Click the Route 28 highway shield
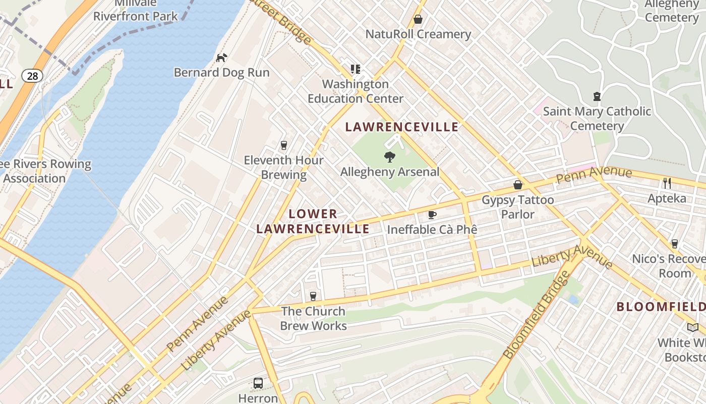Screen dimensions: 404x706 coord(32,76)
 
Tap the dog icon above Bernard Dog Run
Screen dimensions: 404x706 coord(221,58)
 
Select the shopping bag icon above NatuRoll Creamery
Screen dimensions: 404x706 coord(418,19)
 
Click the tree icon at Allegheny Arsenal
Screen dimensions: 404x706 coord(389,157)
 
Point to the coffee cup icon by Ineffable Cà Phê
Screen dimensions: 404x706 coord(432,215)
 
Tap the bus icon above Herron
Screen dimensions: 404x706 coord(258,383)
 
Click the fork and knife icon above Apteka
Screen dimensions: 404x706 coord(667,183)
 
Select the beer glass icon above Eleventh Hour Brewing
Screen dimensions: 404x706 coord(283,145)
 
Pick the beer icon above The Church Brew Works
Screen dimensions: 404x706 coord(313,296)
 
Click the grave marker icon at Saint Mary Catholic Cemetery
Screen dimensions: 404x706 coord(597,96)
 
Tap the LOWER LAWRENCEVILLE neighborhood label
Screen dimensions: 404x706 coord(313,221)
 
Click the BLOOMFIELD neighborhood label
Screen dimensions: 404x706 coord(661,307)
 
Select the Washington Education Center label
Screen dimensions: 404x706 coord(356,91)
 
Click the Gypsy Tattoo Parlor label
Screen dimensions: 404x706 coord(518,207)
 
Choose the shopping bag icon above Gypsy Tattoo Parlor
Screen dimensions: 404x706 coord(518,185)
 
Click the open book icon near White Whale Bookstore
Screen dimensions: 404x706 coord(693,327)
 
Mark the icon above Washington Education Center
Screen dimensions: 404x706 coord(356,69)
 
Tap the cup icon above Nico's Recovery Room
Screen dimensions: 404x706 coord(674,244)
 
